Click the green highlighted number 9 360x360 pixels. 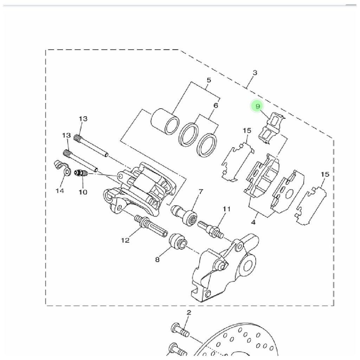pyautogui.click(x=257, y=106)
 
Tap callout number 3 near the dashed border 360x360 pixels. pyautogui.click(x=255, y=73)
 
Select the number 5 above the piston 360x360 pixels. pyautogui.click(x=209, y=80)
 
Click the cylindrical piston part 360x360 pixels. pyautogui.click(x=165, y=121)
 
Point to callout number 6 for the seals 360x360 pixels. pyautogui.click(x=216, y=105)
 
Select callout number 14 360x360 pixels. pyautogui.click(x=60, y=191)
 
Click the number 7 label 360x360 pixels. pyautogui.click(x=201, y=192)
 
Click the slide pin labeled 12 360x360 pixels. pyautogui.click(x=150, y=226)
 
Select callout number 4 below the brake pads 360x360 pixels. pyautogui.click(x=253, y=222)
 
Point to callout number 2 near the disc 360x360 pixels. pyautogui.click(x=189, y=313)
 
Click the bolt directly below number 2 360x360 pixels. pyautogui.click(x=180, y=330)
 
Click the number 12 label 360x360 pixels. pyautogui.click(x=125, y=240)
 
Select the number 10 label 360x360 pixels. pyautogui.click(x=83, y=192)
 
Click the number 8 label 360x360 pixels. pyautogui.click(x=157, y=260)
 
